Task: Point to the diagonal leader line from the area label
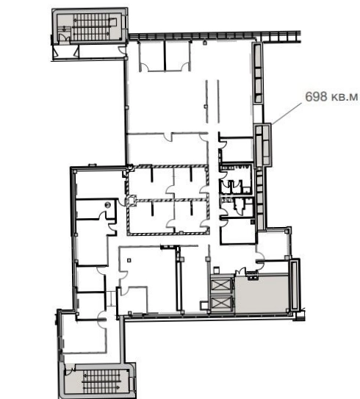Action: (287, 113)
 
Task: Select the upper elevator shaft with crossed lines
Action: (220, 285)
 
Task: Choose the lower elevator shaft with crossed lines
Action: (220, 303)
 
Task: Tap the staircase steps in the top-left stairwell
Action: (91, 27)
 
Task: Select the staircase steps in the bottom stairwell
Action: (102, 381)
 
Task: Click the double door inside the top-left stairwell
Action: (64, 38)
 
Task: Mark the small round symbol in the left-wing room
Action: (108, 204)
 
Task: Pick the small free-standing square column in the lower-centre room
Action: (129, 260)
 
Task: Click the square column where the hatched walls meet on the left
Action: (131, 201)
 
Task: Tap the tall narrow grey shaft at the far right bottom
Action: (295, 284)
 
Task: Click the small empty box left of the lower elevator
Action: (204, 306)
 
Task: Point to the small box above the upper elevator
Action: (217, 270)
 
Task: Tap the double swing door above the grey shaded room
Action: (241, 270)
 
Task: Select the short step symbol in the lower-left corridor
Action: (111, 298)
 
